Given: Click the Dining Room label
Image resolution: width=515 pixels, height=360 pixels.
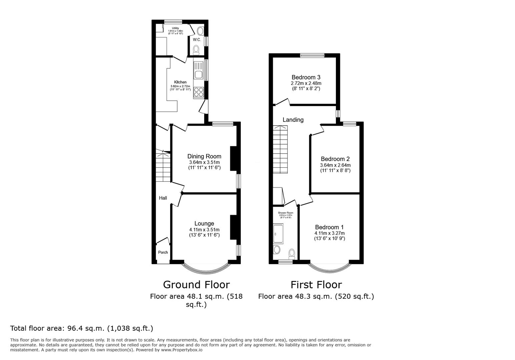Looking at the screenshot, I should [x=204, y=156].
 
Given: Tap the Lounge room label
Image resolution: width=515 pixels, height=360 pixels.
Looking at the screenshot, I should [x=204, y=223].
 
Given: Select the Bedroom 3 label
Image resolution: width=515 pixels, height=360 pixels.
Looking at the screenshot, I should [x=306, y=77].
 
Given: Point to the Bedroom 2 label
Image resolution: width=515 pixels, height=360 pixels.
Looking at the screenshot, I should [x=335, y=159].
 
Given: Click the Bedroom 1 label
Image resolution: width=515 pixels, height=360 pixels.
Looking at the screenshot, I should [x=329, y=227].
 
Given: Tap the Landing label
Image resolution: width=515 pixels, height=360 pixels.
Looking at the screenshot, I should [x=293, y=120].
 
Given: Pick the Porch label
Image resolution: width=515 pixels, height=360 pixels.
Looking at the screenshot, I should [x=163, y=252].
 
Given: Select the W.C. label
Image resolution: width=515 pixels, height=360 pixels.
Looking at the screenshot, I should [x=197, y=40].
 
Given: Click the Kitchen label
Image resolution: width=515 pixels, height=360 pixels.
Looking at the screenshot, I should [x=180, y=82].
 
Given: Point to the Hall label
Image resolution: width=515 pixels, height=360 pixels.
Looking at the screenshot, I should [x=163, y=198].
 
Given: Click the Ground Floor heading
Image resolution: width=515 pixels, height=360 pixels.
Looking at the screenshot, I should [x=196, y=285].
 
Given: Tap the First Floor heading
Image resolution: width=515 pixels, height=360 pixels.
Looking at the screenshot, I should [x=316, y=285].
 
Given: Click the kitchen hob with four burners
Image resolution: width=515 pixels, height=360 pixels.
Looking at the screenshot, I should [x=199, y=92].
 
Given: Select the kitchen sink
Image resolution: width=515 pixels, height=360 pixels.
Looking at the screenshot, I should [x=199, y=74].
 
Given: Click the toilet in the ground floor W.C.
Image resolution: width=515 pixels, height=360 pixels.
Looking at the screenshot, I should [x=196, y=50].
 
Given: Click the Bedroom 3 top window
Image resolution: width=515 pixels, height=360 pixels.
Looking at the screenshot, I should [x=312, y=56].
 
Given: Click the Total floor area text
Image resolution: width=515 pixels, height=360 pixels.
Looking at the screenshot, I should [x=82, y=328].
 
